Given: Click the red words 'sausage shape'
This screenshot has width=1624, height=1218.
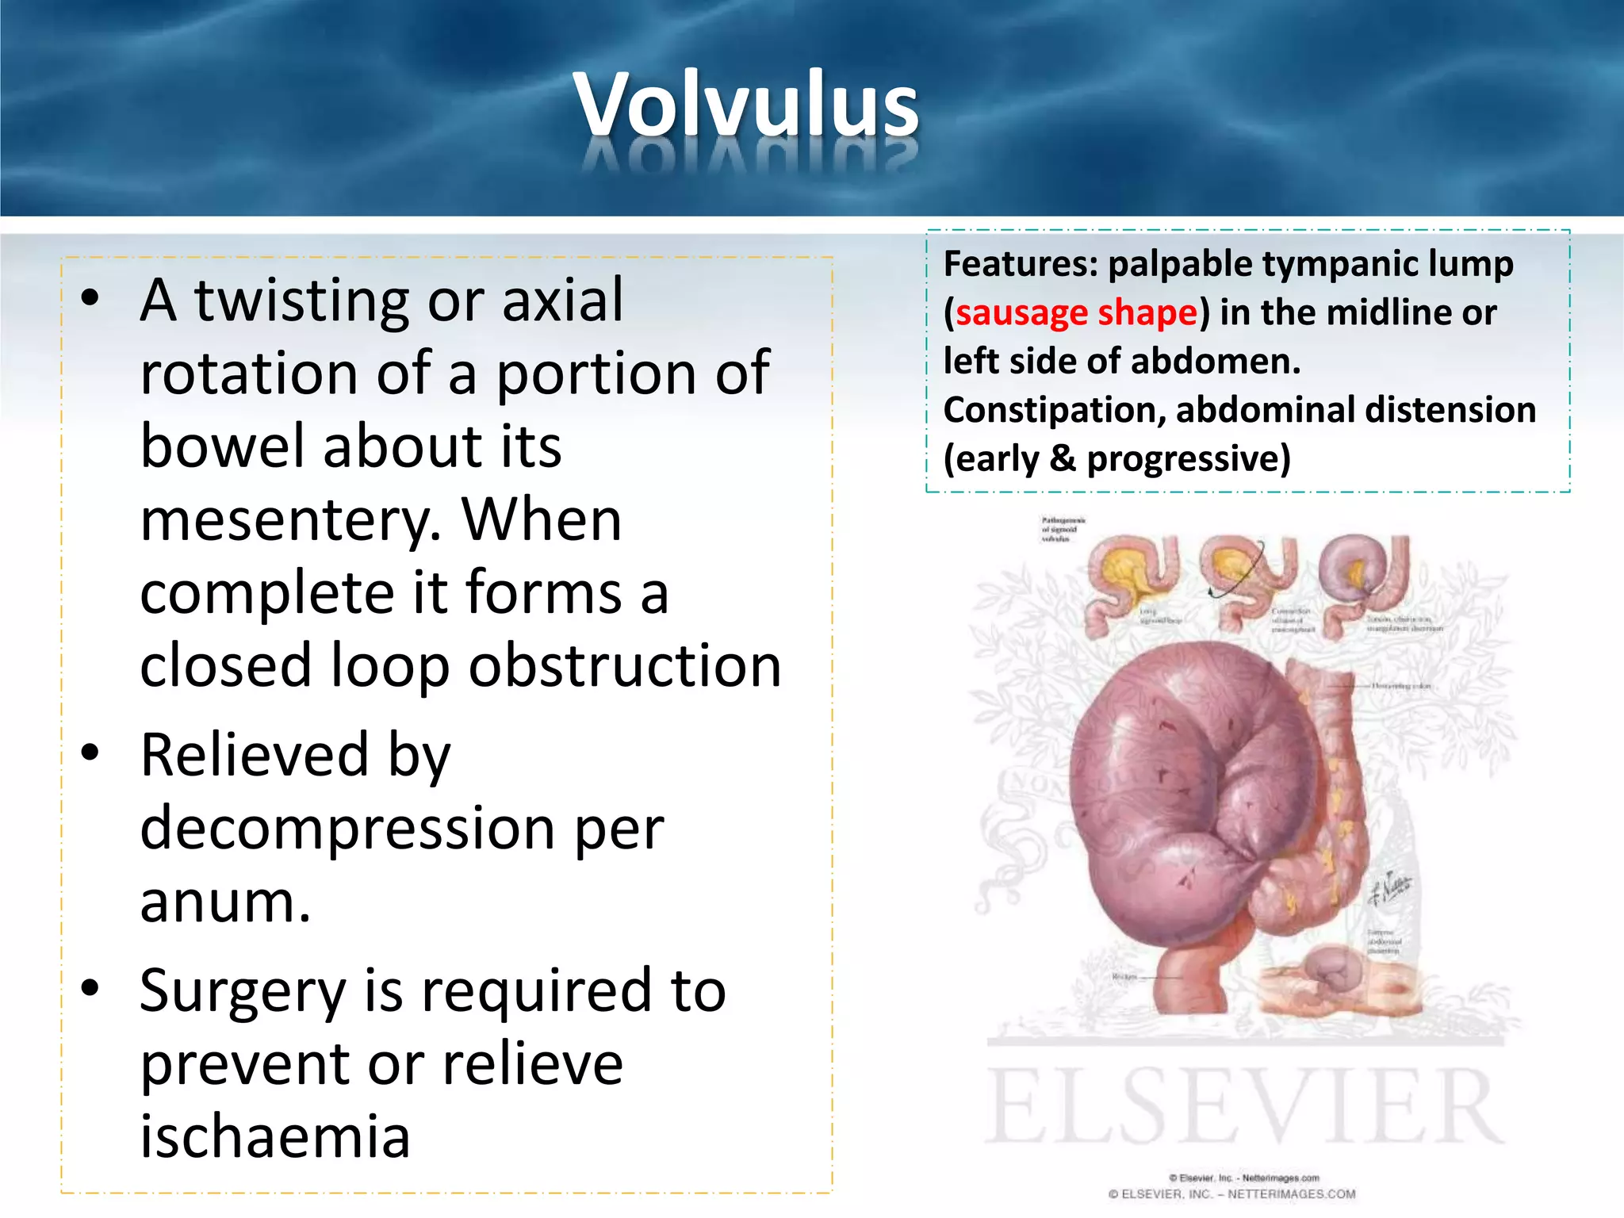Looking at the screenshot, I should tap(1076, 312).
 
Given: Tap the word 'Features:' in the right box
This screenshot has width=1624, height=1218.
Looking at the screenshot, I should tap(1020, 264).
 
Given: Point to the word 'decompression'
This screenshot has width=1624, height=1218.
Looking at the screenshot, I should tap(347, 829).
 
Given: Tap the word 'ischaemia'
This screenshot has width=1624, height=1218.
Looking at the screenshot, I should tap(275, 1136).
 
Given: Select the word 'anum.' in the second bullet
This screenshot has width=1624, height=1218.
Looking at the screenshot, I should tap(225, 902).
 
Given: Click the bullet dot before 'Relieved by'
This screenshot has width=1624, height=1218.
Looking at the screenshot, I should tap(90, 752).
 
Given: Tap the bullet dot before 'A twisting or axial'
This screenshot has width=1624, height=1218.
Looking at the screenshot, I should tap(90, 298).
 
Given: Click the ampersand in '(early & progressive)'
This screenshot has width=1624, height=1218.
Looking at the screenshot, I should tap(1062, 459).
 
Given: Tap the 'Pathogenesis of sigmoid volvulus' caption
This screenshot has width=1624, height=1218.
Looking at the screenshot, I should tap(1063, 528).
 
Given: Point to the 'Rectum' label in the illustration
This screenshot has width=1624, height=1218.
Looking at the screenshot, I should tap(1124, 976).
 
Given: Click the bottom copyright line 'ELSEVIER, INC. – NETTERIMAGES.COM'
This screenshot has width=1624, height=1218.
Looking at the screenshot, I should tap(1231, 1194).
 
